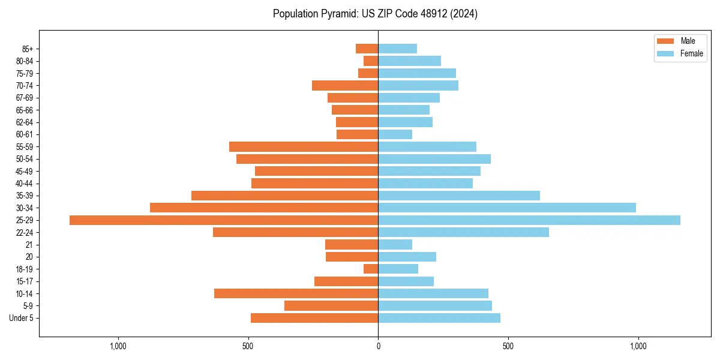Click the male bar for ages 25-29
(x=224, y=220)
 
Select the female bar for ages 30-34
(x=507, y=208)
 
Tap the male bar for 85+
(x=367, y=49)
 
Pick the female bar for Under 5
(x=439, y=318)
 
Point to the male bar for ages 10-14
(x=296, y=293)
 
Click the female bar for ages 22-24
(x=463, y=232)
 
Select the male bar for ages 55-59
(x=304, y=146)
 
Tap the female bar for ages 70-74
(x=418, y=85)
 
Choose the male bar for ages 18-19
(x=371, y=269)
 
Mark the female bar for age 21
(x=395, y=244)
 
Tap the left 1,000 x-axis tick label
(x=118, y=346)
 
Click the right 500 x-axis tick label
(x=508, y=346)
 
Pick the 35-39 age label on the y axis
(x=25, y=196)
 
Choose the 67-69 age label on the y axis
(x=25, y=98)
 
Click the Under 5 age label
(x=22, y=318)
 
